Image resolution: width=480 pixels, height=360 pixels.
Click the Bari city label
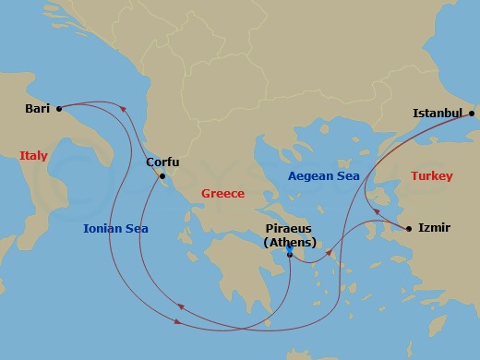[38, 108]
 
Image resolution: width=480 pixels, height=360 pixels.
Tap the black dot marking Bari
[58, 108]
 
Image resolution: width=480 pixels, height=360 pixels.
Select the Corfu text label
[162, 162]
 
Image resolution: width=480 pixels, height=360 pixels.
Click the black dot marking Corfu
[162, 176]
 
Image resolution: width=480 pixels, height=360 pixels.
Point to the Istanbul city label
[437, 114]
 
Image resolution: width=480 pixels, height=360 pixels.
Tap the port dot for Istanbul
[471, 114]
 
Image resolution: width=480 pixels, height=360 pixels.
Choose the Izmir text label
[434, 227]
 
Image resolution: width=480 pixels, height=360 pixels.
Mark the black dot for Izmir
[409, 227]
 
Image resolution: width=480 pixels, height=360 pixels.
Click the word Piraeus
[289, 228]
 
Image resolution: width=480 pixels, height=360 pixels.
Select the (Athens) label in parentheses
[289, 242]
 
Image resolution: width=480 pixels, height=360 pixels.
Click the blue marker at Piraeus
[289, 250]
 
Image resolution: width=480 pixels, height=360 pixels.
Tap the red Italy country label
[33, 156]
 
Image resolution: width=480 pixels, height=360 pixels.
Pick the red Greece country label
[222, 194]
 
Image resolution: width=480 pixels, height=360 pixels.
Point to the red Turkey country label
[431, 175]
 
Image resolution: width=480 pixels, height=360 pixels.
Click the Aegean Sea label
[323, 175]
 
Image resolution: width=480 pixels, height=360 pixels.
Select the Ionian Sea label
[115, 228]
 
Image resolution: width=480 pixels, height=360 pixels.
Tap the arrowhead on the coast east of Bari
[121, 114]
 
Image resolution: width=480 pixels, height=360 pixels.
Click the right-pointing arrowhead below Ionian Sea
[177, 321]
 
